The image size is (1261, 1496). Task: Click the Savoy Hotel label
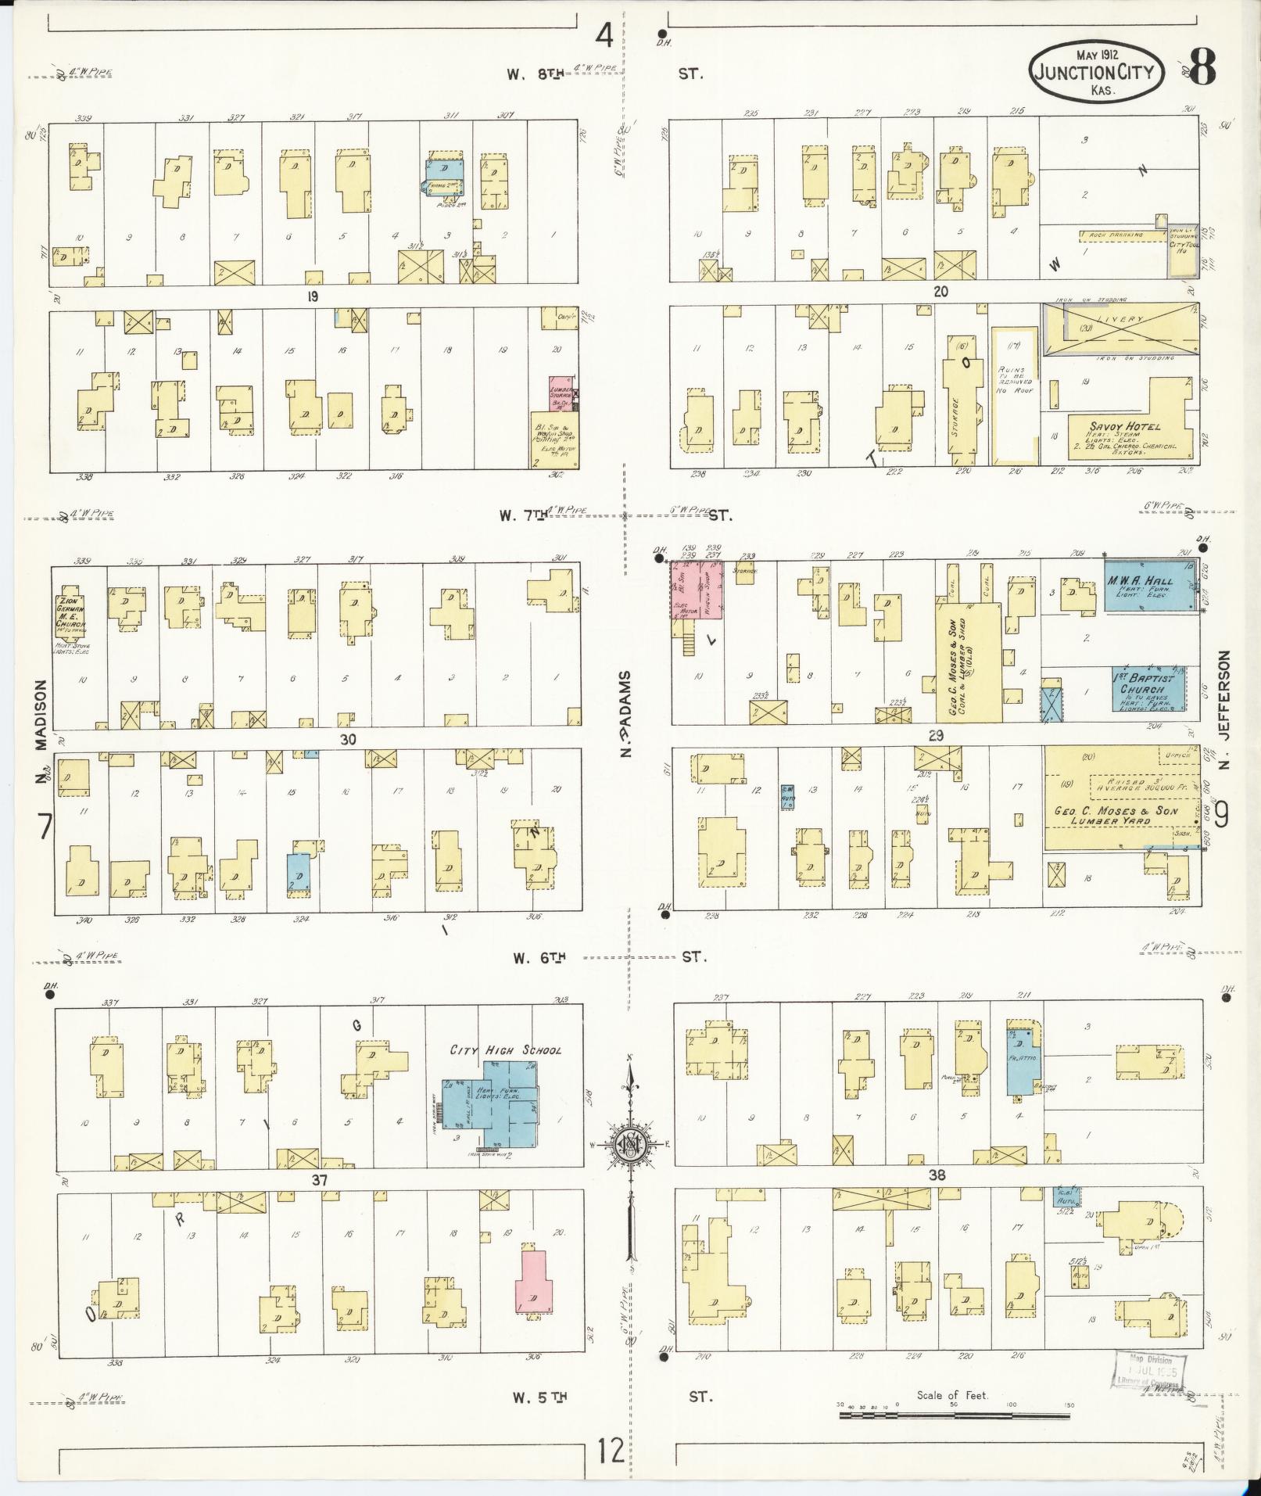pyautogui.click(x=1125, y=427)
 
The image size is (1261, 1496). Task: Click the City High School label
pyautogui.click(x=505, y=1050)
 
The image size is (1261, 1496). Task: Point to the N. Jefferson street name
pyautogui.click(x=1223, y=709)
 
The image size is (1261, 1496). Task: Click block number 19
pyautogui.click(x=313, y=296)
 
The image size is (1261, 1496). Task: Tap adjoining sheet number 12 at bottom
pyautogui.click(x=611, y=1451)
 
